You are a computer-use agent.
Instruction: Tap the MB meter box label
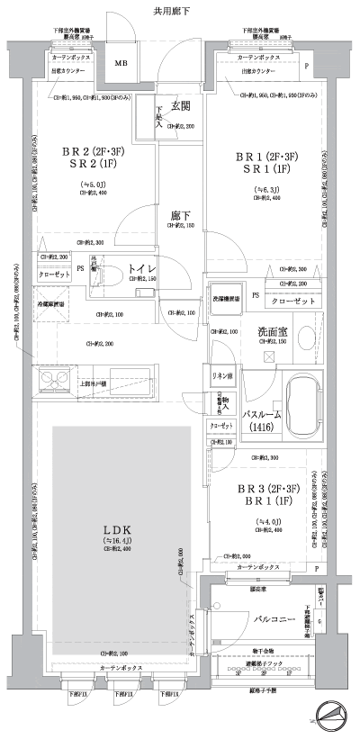120,65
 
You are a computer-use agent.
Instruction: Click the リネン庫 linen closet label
222,374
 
